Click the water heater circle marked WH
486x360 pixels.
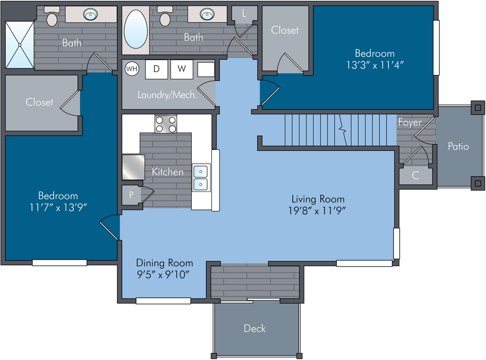tap(132, 69)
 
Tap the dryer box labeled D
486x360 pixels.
tap(156, 69)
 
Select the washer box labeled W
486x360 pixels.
tap(182, 69)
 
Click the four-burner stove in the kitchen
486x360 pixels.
tap(166, 124)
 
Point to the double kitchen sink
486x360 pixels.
tap(201, 178)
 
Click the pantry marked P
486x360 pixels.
tap(131, 195)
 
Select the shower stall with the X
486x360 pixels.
tap(20, 45)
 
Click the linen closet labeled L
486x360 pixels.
tap(244, 13)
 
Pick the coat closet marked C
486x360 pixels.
tap(416, 175)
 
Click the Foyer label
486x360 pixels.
tap(410, 122)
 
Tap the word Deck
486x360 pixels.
tap(255, 328)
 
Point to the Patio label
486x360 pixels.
tap(458, 146)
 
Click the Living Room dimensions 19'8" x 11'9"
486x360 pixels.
tap(317, 211)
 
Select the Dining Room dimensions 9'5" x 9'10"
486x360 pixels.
tap(163, 274)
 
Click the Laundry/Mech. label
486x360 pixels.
tap(168, 95)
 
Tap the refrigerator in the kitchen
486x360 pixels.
tap(133, 167)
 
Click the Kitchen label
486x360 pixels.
tap(168, 172)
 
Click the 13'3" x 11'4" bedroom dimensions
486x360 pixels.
tap(375, 65)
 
